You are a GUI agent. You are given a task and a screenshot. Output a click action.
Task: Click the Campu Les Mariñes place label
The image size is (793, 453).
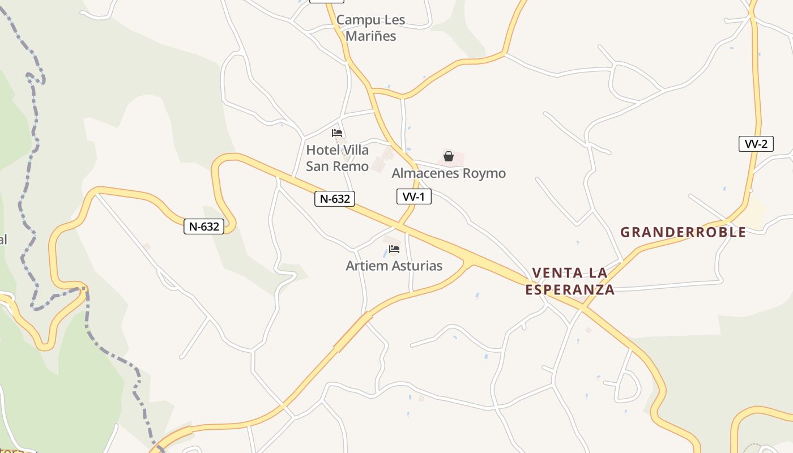tap(370, 28)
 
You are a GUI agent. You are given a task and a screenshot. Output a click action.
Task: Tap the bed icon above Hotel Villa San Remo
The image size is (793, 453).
tap(337, 133)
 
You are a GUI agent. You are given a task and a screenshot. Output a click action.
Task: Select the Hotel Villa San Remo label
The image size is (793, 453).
tap(337, 158)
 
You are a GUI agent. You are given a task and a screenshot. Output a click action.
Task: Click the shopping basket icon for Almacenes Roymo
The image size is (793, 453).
tap(449, 156)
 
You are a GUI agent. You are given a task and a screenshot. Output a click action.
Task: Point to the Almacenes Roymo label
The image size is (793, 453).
tap(449, 173)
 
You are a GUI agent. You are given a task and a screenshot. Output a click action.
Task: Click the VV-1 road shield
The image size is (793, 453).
tap(413, 196)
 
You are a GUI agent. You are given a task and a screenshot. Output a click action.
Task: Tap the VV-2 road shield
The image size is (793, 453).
tap(756, 144)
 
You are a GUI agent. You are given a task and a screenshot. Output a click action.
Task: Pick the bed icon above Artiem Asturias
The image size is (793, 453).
tap(394, 249)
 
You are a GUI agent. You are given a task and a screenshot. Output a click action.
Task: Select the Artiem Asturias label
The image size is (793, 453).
tap(394, 266)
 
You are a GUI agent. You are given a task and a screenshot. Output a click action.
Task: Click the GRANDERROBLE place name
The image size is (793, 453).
tap(683, 232)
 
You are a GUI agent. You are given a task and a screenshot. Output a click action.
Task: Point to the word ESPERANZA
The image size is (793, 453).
tap(570, 290)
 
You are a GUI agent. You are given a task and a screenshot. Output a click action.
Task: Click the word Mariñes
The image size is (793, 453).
tap(370, 36)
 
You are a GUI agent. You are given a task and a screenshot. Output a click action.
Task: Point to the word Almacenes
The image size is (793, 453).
tap(425, 173)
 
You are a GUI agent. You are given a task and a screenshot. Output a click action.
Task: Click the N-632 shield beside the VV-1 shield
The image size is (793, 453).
tap(335, 199)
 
